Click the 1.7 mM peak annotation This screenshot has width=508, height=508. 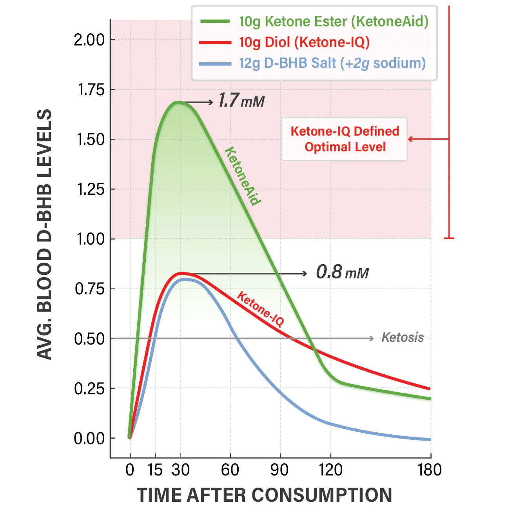pos(241,101)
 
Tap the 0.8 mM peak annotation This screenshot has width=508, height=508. pos(342,272)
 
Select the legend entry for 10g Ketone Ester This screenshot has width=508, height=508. pos(334,22)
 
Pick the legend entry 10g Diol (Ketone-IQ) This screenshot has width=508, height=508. pos(304,42)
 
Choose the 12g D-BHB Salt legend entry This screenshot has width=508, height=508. pos(332,63)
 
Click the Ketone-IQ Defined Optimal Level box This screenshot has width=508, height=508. pos(345,139)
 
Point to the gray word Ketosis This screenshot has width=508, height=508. pos(403,337)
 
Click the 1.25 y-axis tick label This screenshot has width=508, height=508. pos(91,189)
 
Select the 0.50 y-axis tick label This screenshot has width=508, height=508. pos(89,339)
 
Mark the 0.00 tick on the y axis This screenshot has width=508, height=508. pos(89,438)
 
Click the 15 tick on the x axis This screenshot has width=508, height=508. pos(155,470)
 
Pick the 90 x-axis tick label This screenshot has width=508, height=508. pos(280,470)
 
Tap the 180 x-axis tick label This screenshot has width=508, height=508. pos(430,470)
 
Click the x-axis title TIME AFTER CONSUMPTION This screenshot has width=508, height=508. pos(264,495)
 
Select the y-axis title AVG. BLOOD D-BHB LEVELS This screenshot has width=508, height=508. pos(44,234)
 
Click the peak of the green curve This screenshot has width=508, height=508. pos(178,102)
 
